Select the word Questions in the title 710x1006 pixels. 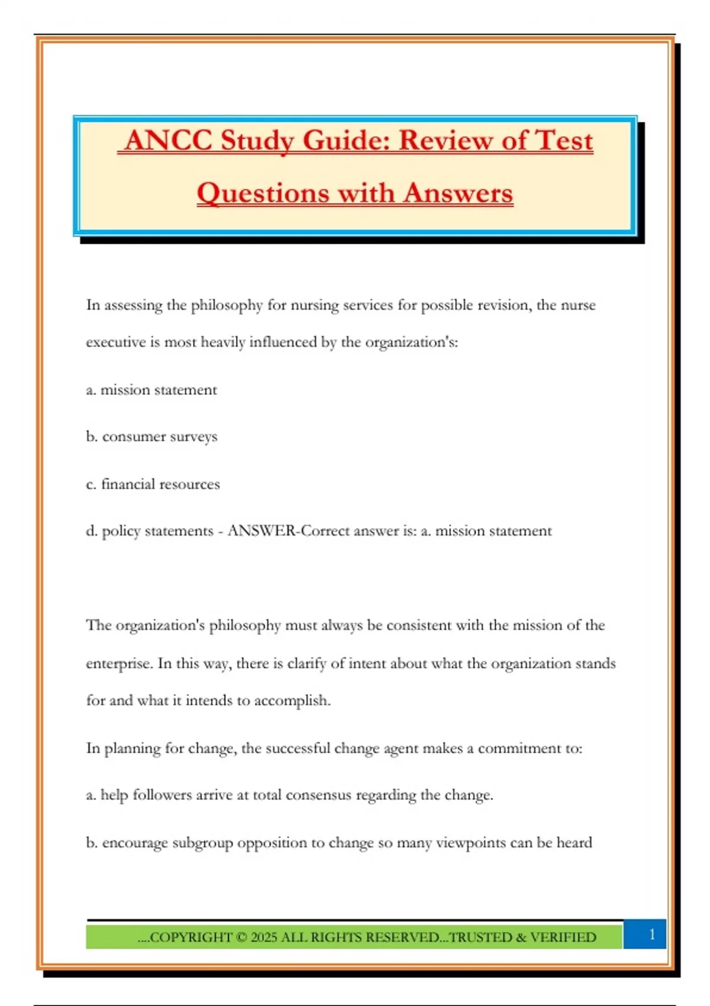click(263, 194)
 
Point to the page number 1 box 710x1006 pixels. click(651, 934)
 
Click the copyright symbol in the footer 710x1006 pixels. click(241, 937)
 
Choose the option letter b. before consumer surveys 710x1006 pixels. click(92, 437)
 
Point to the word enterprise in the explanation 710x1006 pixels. click(118, 664)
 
